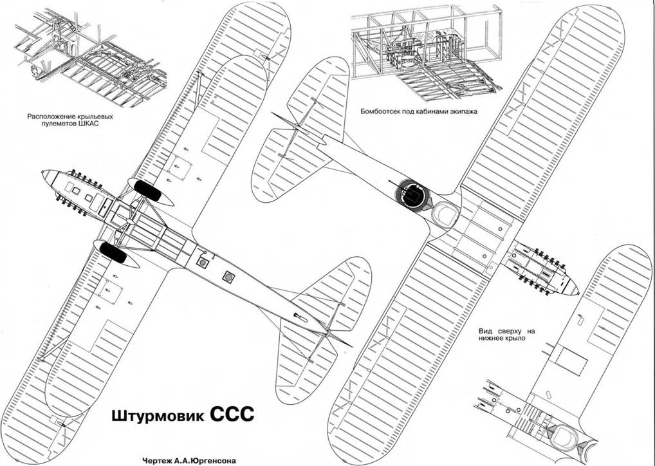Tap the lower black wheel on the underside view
click(112, 252)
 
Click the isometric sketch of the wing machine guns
click(90, 55)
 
